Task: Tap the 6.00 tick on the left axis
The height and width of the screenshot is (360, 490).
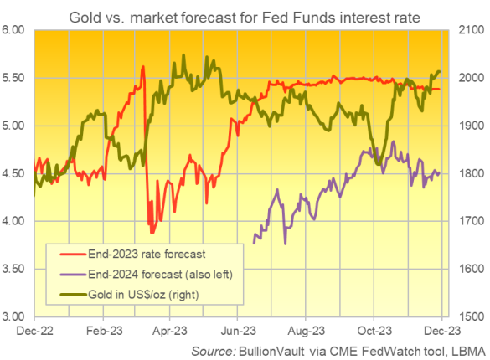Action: click(x=16, y=30)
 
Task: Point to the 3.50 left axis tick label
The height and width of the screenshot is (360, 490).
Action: click(x=16, y=269)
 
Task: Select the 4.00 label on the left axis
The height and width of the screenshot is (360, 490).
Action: click(x=16, y=221)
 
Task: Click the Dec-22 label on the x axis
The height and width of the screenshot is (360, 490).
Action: click(x=34, y=332)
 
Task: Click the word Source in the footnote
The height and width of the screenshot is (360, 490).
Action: click(x=212, y=349)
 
